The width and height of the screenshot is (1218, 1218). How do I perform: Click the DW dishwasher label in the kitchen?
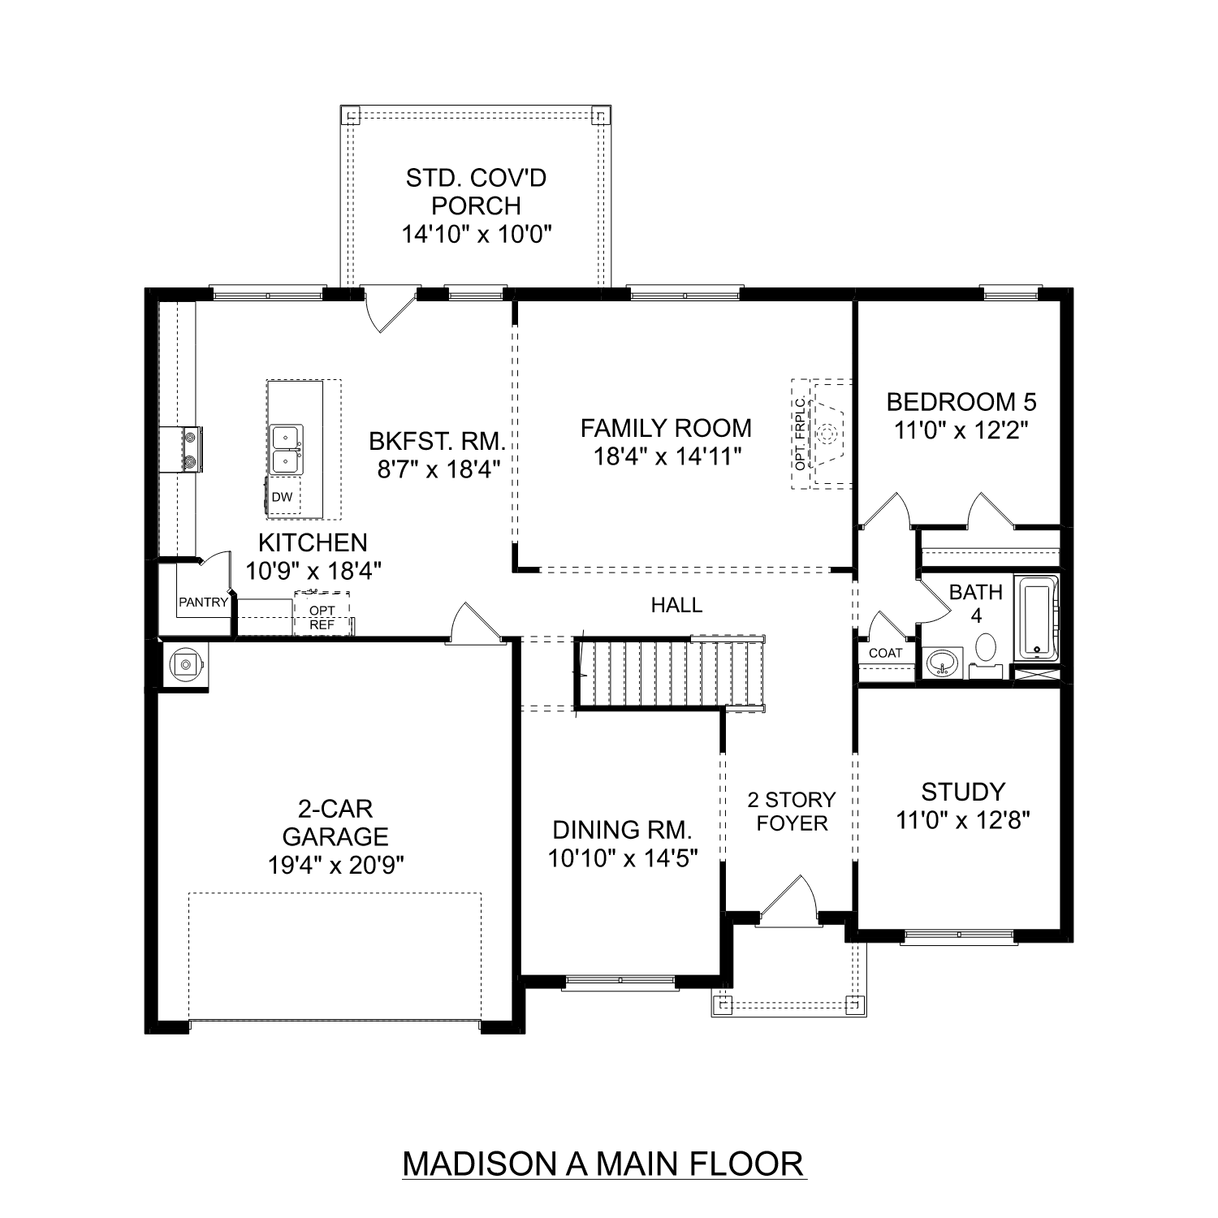[x=282, y=497]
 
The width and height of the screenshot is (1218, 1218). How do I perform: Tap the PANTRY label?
[x=203, y=603]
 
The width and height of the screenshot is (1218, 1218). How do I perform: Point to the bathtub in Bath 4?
[x=1037, y=618]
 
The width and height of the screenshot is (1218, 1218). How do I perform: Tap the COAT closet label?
[x=885, y=653]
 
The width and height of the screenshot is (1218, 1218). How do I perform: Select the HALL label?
[x=676, y=605]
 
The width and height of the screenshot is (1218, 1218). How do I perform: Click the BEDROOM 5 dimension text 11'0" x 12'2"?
[x=961, y=430]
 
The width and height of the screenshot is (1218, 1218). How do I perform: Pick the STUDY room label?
[x=963, y=792]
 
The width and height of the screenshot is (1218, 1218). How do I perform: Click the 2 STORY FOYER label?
[x=792, y=811]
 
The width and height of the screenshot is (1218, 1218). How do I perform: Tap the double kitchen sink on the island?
[x=286, y=449]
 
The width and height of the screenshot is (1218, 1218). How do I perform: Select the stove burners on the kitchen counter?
[x=192, y=449]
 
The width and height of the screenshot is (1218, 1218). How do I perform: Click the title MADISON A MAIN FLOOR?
[x=603, y=1163]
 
